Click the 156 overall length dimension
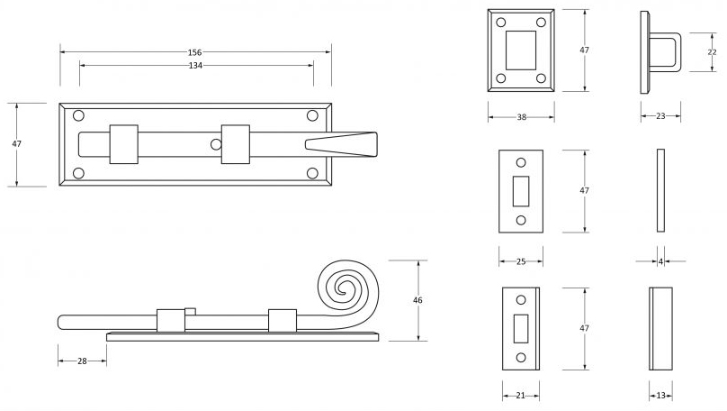tap(194, 52)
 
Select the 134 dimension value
tap(194, 66)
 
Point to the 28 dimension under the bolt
tap(82, 361)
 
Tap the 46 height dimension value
tap(417, 300)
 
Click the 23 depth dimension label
tap(660, 115)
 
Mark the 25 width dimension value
tap(521, 262)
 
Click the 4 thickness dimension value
tap(660, 261)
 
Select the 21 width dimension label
tap(521, 395)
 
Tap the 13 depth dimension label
tap(660, 395)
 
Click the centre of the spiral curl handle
tap(343, 289)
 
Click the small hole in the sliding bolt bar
tap(215, 144)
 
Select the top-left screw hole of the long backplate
tap(78, 115)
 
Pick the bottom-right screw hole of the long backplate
tap(312, 172)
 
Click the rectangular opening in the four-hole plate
tap(521, 50)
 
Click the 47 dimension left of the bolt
tap(15, 144)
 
